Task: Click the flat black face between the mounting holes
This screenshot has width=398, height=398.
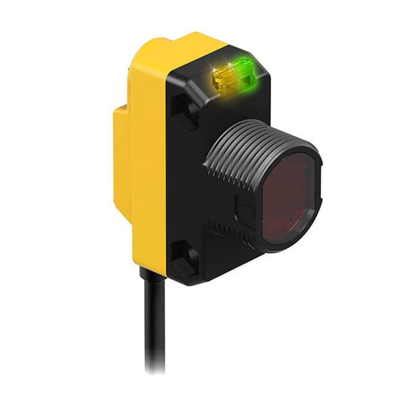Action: pyautogui.click(x=187, y=180)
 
